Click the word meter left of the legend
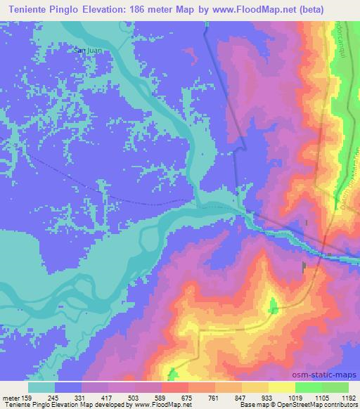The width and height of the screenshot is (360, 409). tap(11, 396)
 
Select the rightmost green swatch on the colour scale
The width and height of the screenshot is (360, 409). tap(335, 387)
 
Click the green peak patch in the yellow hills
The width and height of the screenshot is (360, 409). tap(273, 305)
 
